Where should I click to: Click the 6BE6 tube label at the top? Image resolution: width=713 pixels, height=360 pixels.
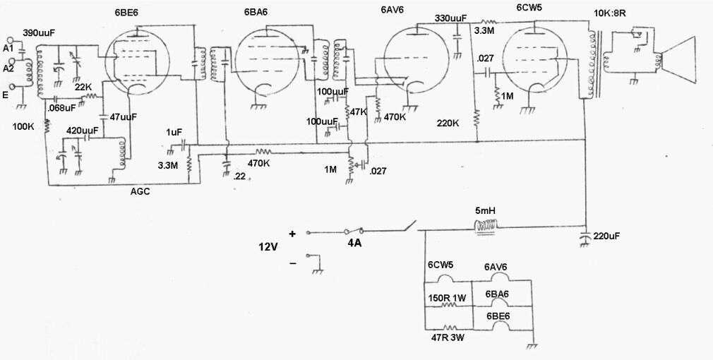click(126, 13)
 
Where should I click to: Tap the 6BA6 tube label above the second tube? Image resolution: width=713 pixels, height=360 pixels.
click(256, 13)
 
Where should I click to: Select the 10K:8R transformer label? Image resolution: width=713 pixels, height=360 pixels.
click(610, 13)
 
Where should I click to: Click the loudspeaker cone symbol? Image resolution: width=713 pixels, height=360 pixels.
click(678, 60)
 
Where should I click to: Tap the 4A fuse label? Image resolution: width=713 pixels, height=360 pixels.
click(354, 244)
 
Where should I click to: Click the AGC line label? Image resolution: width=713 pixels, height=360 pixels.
click(140, 192)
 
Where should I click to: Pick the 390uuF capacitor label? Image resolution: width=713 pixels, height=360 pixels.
click(37, 32)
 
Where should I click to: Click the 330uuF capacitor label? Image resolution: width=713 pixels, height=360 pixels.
click(450, 18)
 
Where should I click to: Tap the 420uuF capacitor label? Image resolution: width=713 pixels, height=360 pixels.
click(81, 131)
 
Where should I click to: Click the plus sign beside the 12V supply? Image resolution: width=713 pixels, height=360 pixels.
click(292, 234)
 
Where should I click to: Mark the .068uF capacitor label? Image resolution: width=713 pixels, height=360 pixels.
click(62, 109)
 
